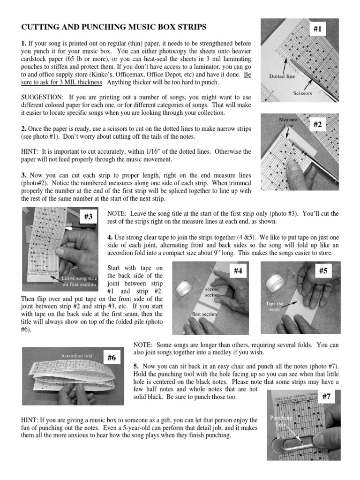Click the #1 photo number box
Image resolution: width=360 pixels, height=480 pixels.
tap(318, 30)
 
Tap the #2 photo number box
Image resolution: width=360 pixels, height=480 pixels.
tap(318, 124)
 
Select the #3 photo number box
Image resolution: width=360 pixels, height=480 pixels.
tap(88, 216)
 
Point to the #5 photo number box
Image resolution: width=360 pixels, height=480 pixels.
tap(322, 271)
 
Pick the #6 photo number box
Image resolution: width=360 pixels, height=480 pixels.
tap(111, 357)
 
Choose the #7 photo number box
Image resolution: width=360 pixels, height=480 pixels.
tap(326, 397)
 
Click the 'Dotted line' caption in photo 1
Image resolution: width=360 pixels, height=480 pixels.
tap(282, 76)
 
